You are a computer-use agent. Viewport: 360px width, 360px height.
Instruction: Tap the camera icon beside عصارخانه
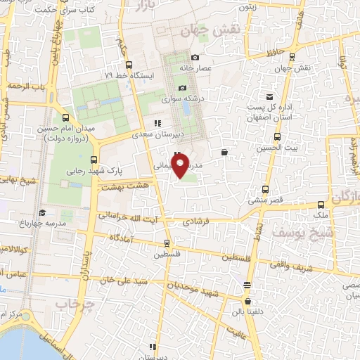pyautogui.click(x=195, y=58)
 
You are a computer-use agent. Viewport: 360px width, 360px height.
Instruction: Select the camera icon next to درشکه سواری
pyautogui.click(x=183, y=88)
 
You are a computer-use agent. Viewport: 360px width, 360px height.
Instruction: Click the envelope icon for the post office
pyautogui.click(x=269, y=96)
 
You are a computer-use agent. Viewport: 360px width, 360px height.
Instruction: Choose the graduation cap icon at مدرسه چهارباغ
pyautogui.click(x=42, y=212)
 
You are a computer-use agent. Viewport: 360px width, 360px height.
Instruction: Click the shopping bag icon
pyautogui.click(x=224, y=151)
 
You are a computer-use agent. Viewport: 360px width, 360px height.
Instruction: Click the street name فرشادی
pyautogui.click(x=189, y=220)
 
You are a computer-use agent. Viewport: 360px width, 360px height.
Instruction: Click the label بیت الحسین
pyautogui.click(x=274, y=148)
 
